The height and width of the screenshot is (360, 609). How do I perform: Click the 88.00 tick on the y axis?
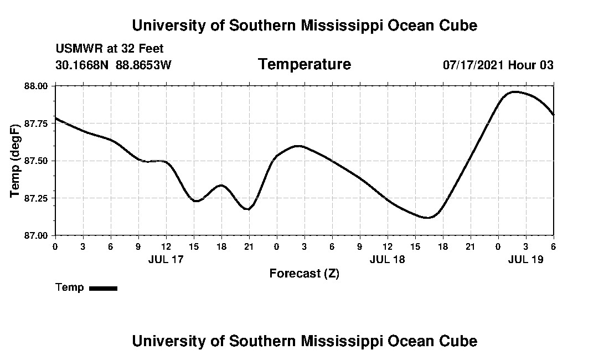37,86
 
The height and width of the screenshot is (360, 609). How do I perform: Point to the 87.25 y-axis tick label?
37,198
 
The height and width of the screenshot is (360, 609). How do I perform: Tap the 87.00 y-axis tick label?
37,235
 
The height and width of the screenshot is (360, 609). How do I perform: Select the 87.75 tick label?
37,123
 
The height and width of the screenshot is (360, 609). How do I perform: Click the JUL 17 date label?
166,259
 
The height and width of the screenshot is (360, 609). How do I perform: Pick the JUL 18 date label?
387,259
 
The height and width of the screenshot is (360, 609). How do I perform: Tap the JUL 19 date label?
525,259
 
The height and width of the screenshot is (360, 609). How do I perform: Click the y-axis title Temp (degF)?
16,161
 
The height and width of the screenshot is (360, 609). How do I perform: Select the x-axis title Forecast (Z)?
304,274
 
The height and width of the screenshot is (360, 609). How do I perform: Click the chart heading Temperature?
304,65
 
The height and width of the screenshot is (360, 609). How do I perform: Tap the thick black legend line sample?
103,288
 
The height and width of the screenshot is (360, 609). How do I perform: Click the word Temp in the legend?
70,287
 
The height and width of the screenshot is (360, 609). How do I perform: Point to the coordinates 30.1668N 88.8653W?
113,65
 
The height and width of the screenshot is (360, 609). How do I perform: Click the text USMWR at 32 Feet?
110,49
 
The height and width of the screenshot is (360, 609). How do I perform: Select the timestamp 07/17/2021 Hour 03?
498,65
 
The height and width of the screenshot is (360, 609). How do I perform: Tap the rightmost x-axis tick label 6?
553,246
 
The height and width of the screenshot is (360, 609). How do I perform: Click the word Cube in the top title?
460,25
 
